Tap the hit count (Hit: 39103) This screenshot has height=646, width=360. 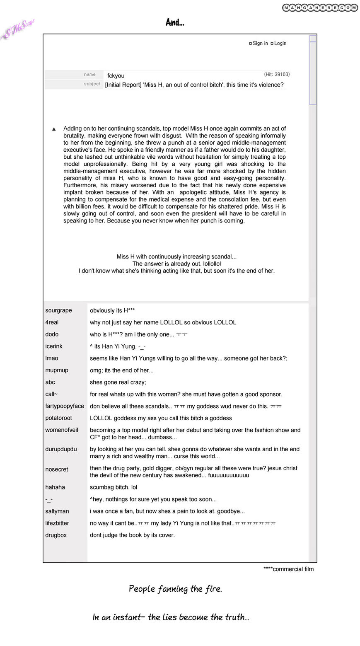pyautogui.click(x=277, y=75)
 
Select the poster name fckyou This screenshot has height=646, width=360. pyautogui.click(x=116, y=76)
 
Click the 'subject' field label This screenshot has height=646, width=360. pyautogui.click(x=92, y=84)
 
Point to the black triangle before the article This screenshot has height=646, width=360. pyautogui.click(x=54, y=129)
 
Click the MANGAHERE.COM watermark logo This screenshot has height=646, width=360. pyautogui.click(x=320, y=8)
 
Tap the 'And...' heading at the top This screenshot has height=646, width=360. pyautogui.click(x=175, y=22)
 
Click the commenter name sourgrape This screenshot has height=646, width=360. pyautogui.click(x=58, y=310)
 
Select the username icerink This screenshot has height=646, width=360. pyautogui.click(x=54, y=346)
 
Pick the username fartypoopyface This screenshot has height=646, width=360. pyautogui.click(x=65, y=406)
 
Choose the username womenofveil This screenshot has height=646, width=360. pyautogui.click(x=62, y=430)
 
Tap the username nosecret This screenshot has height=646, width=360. pyautogui.click(x=57, y=469)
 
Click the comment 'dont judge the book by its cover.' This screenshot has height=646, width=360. pyautogui.click(x=132, y=535)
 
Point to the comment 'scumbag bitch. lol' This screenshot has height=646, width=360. pyautogui.click(x=114, y=487)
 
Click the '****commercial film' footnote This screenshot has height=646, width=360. pyautogui.click(x=288, y=569)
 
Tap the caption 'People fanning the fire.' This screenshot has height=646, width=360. pyautogui.click(x=175, y=588)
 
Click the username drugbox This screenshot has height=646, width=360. pyautogui.click(x=56, y=535)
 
